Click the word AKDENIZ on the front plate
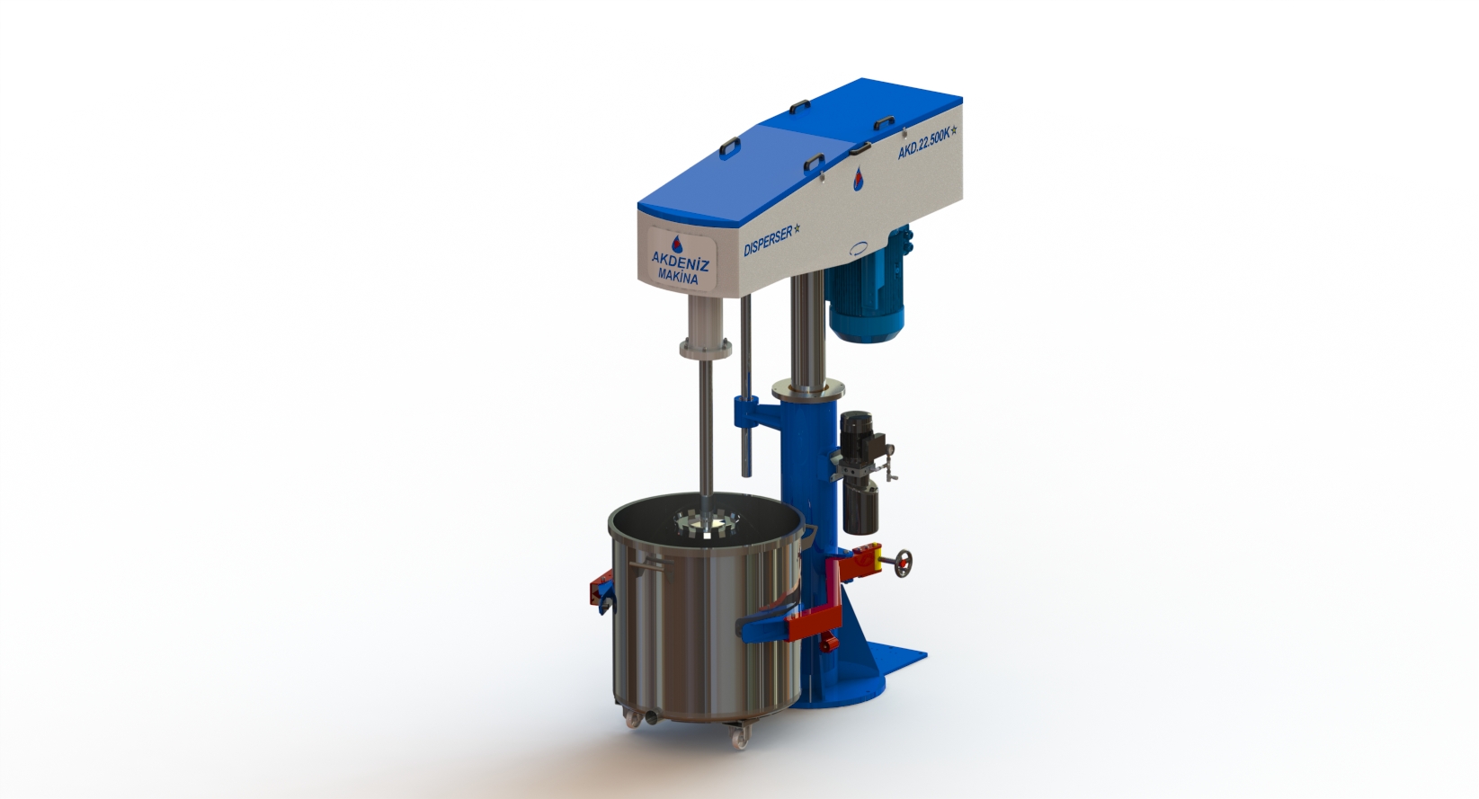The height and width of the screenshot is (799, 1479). tap(680, 262)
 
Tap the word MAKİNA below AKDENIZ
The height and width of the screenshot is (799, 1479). tap(677, 277)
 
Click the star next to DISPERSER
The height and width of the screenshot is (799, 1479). tap(797, 228)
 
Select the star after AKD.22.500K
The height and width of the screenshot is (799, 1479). tap(954, 128)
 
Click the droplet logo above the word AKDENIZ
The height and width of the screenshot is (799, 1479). tap(677, 243)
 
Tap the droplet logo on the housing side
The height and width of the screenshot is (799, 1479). tap(859, 178)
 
